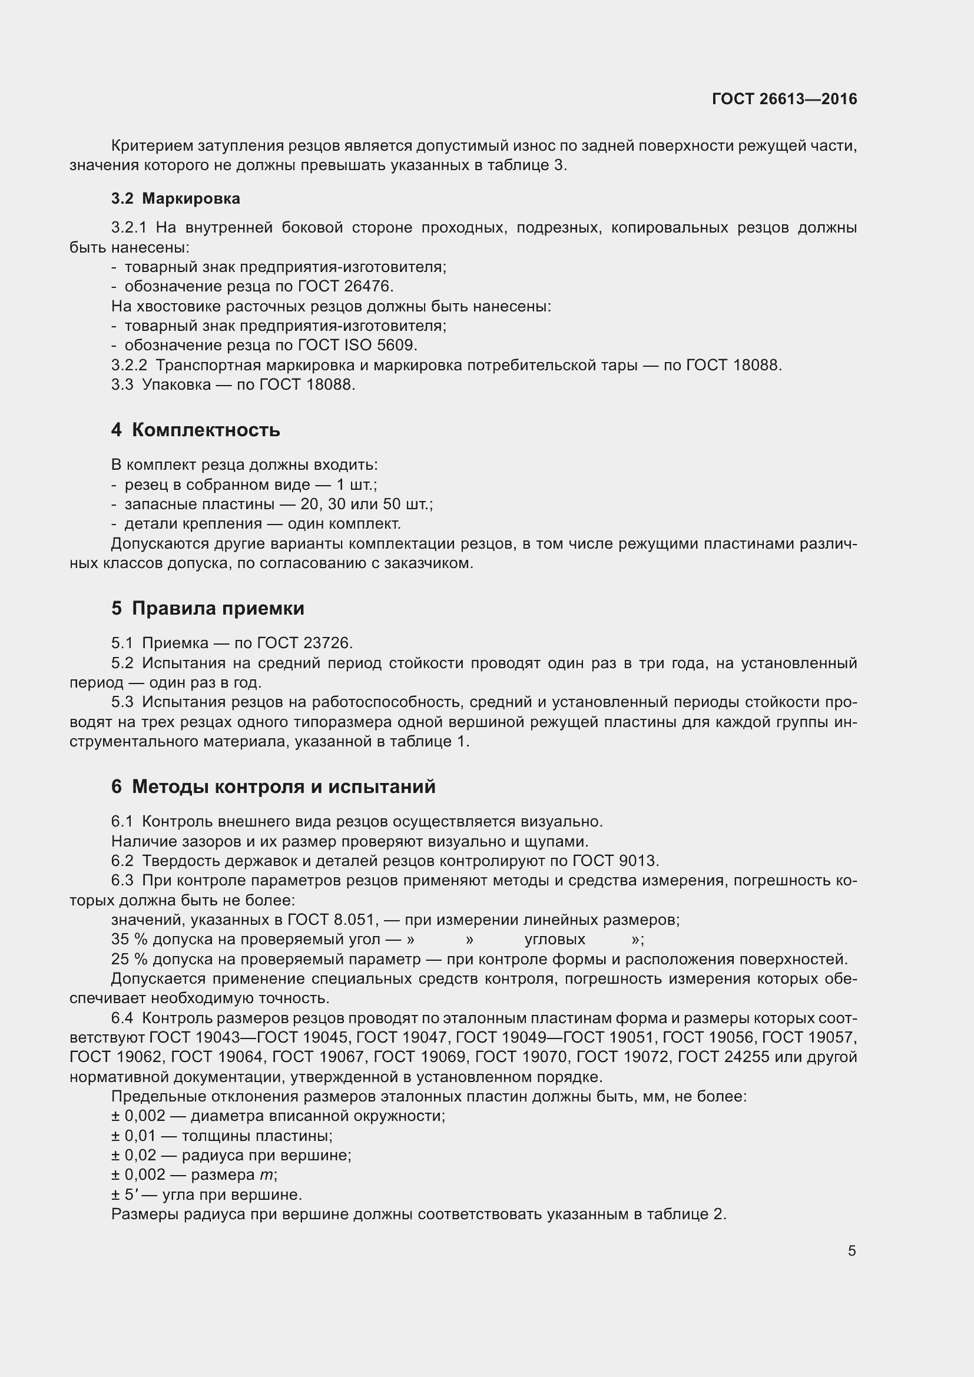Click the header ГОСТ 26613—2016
tap(784, 99)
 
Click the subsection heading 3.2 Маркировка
tap(175, 198)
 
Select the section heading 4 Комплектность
tap(196, 430)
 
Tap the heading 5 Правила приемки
tap(207, 608)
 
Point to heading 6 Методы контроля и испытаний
tap(273, 787)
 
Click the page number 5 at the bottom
tap(852, 1250)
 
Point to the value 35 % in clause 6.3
tap(129, 939)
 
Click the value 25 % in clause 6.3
tap(129, 959)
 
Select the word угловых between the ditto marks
tap(555, 939)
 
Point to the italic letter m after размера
tap(266, 1175)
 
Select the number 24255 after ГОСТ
tap(747, 1057)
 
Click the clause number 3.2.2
tap(129, 365)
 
